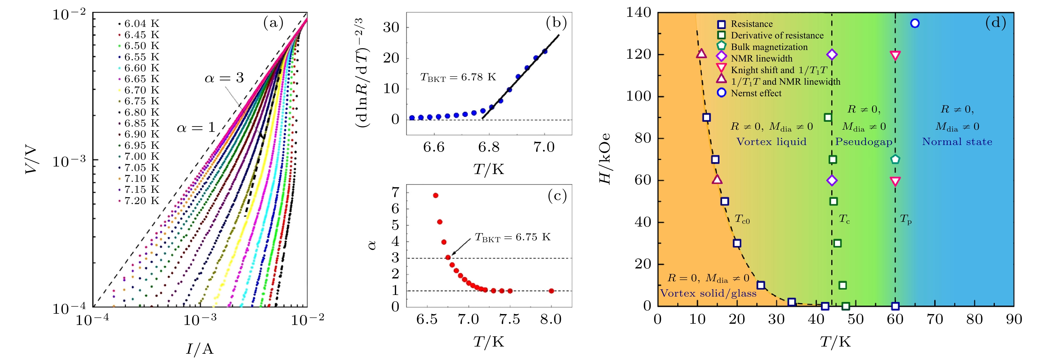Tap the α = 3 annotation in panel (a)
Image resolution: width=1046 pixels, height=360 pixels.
224,78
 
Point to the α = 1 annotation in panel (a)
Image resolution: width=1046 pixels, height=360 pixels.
196,128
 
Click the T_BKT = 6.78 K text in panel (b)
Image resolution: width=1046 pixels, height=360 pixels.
458,77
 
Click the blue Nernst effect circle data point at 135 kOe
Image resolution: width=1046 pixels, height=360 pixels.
915,23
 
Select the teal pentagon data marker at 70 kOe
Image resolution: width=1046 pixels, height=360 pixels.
895,159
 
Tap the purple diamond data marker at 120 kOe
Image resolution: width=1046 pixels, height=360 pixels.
832,54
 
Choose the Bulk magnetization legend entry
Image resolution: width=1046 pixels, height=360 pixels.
769,47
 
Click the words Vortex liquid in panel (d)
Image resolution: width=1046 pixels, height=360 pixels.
771,142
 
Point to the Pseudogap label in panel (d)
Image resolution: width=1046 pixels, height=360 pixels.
864,142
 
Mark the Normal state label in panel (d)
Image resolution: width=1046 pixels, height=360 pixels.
957,142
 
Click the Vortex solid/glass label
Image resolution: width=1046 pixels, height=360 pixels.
708,293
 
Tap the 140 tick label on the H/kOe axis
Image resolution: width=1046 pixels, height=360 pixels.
638,12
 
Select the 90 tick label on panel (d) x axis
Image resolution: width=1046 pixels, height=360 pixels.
1014,320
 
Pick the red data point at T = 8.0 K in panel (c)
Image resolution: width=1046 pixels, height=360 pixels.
551,291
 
